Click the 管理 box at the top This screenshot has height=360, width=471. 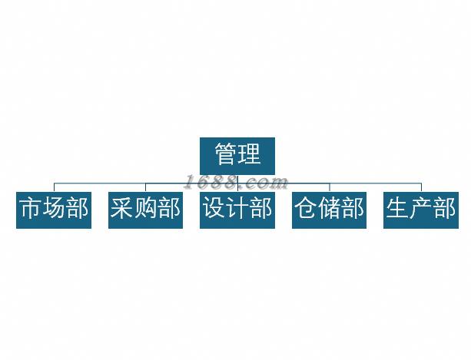237,155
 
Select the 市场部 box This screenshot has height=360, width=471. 54,209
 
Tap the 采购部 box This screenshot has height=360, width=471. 145,209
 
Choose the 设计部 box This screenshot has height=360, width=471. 237,209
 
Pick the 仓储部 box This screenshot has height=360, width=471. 329,209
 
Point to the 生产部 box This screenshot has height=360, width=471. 421,209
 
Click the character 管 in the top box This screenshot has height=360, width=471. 225,155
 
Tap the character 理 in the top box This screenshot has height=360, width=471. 250,155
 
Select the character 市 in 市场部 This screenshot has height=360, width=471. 30,209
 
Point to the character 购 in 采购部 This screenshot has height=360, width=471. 145,209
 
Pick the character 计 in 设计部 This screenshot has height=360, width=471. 237,209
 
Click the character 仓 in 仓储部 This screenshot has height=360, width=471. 306,209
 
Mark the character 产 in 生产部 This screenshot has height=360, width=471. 421,209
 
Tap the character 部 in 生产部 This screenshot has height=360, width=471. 445,209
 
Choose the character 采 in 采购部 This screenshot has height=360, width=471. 121,209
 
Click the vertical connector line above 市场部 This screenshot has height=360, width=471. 54,187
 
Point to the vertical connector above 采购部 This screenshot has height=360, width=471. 145,187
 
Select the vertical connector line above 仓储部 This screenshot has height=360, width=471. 329,187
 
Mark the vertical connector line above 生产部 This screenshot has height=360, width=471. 421,187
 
